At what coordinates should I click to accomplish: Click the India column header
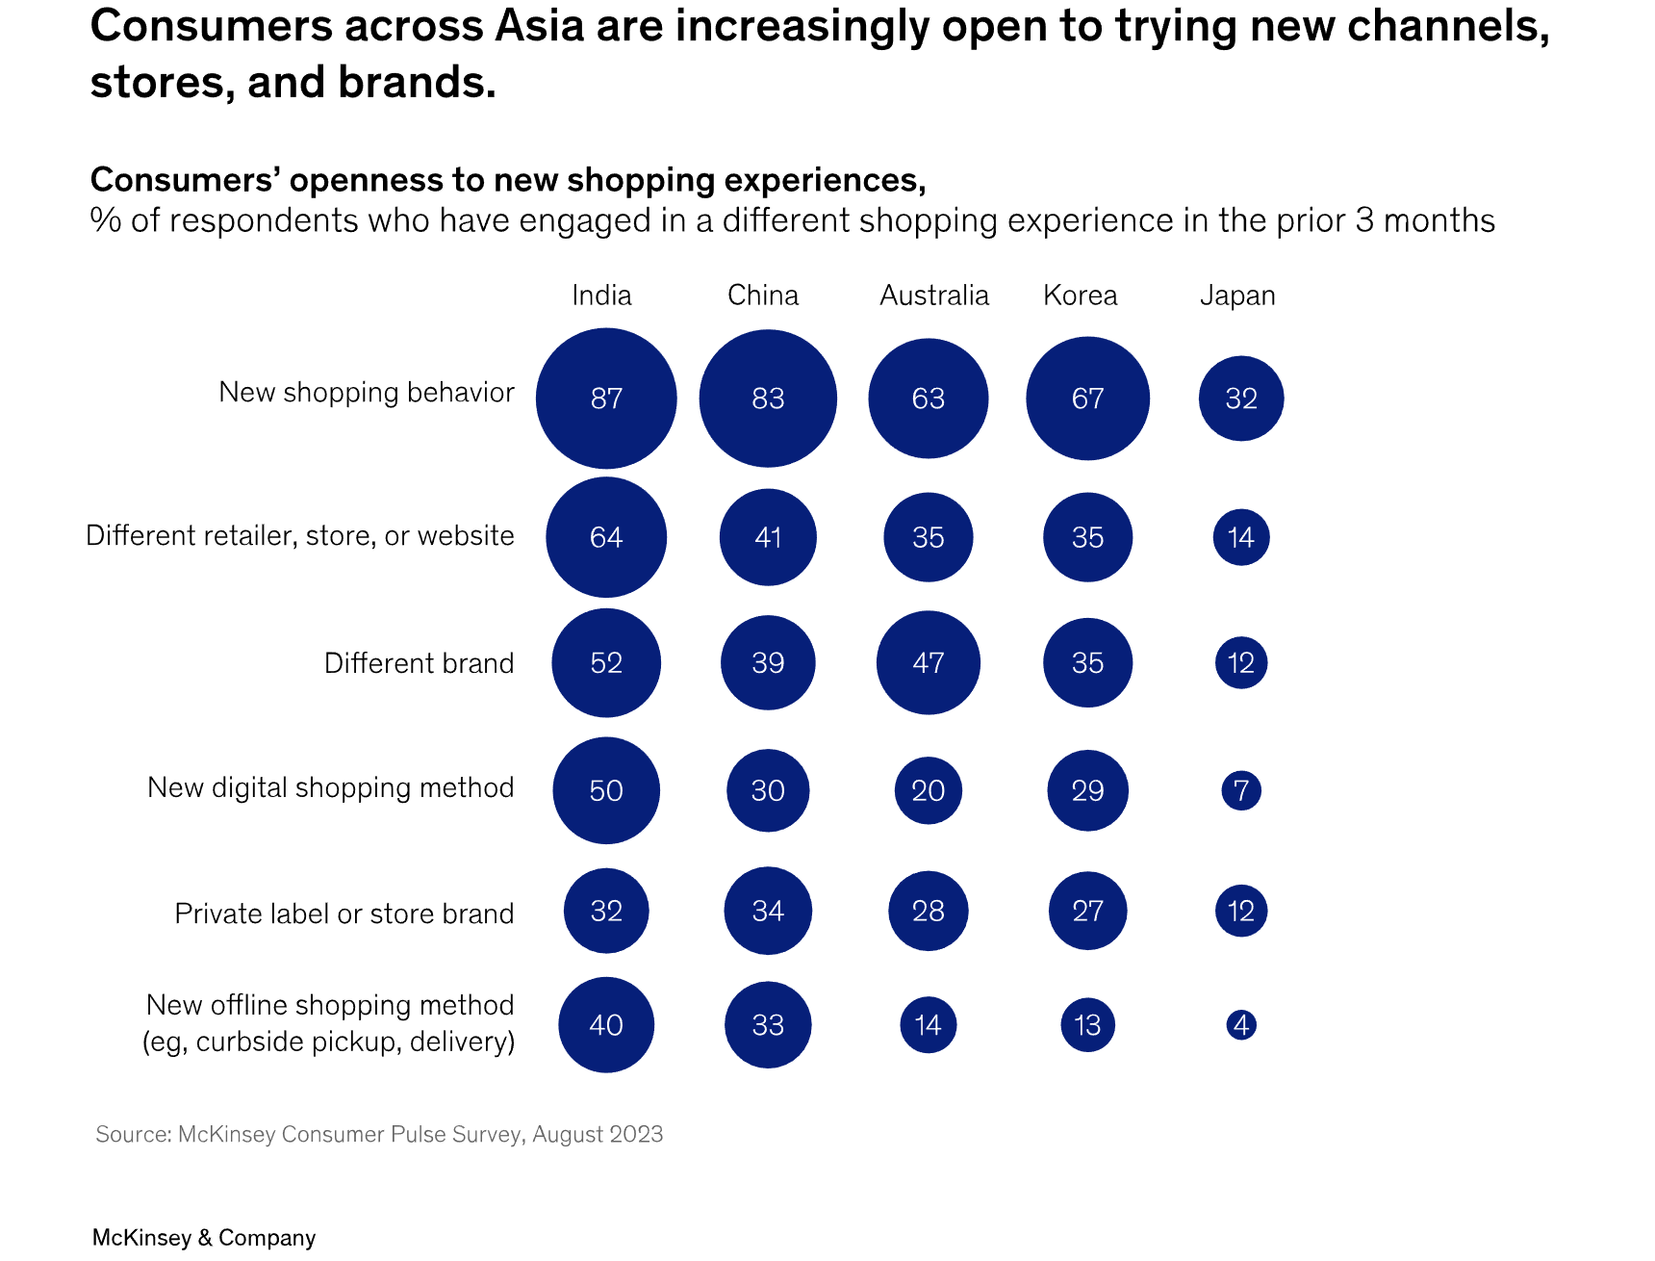[601, 295]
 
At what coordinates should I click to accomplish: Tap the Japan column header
[1237, 295]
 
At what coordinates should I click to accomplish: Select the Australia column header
[933, 295]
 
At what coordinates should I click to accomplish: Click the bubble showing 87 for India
[606, 399]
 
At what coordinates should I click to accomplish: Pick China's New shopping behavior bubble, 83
[768, 399]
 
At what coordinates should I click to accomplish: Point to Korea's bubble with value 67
[1087, 399]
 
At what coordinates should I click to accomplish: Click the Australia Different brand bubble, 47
[929, 662]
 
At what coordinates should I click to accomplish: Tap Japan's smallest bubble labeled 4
[1241, 1025]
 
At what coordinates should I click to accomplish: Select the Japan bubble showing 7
[1241, 790]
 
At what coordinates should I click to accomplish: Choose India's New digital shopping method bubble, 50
[606, 790]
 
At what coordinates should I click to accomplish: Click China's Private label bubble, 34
[768, 911]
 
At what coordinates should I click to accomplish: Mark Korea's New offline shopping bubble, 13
[1087, 1025]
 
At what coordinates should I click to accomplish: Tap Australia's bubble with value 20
[929, 790]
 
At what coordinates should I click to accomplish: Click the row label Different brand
[419, 663]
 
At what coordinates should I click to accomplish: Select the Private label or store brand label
[344, 914]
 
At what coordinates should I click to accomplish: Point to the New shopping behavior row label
[366, 393]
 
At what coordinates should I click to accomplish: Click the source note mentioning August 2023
[379, 1134]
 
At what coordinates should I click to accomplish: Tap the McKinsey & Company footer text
[203, 1238]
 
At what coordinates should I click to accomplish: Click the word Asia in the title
[539, 26]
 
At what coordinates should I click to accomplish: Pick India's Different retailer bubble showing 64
[606, 537]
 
